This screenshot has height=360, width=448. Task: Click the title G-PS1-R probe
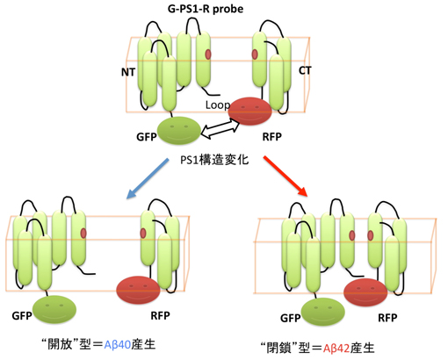[206, 9]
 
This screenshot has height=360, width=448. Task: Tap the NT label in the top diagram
[128, 72]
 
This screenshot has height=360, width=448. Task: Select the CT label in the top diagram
[305, 70]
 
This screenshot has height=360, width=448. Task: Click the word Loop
[218, 104]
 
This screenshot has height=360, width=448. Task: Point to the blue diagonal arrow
[148, 178]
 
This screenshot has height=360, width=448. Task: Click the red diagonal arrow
[285, 176]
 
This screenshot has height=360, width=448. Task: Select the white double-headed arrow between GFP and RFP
[220, 129]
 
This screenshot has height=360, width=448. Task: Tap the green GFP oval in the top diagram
[179, 131]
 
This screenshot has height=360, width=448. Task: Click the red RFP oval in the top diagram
[250, 112]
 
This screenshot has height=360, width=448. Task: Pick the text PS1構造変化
[214, 160]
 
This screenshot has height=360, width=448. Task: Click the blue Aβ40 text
[118, 344]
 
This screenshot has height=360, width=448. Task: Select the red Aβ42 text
[336, 348]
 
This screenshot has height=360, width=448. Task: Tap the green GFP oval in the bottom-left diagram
[54, 309]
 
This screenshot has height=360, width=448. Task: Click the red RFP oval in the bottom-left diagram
[138, 290]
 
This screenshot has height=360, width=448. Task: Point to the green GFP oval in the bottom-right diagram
[323, 312]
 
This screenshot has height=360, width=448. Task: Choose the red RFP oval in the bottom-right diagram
[365, 292]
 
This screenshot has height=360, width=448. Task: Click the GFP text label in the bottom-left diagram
[22, 316]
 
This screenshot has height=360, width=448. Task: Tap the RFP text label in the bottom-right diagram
[387, 318]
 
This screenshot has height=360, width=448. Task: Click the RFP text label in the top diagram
[272, 137]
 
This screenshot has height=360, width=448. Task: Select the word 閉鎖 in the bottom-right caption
[279, 348]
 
